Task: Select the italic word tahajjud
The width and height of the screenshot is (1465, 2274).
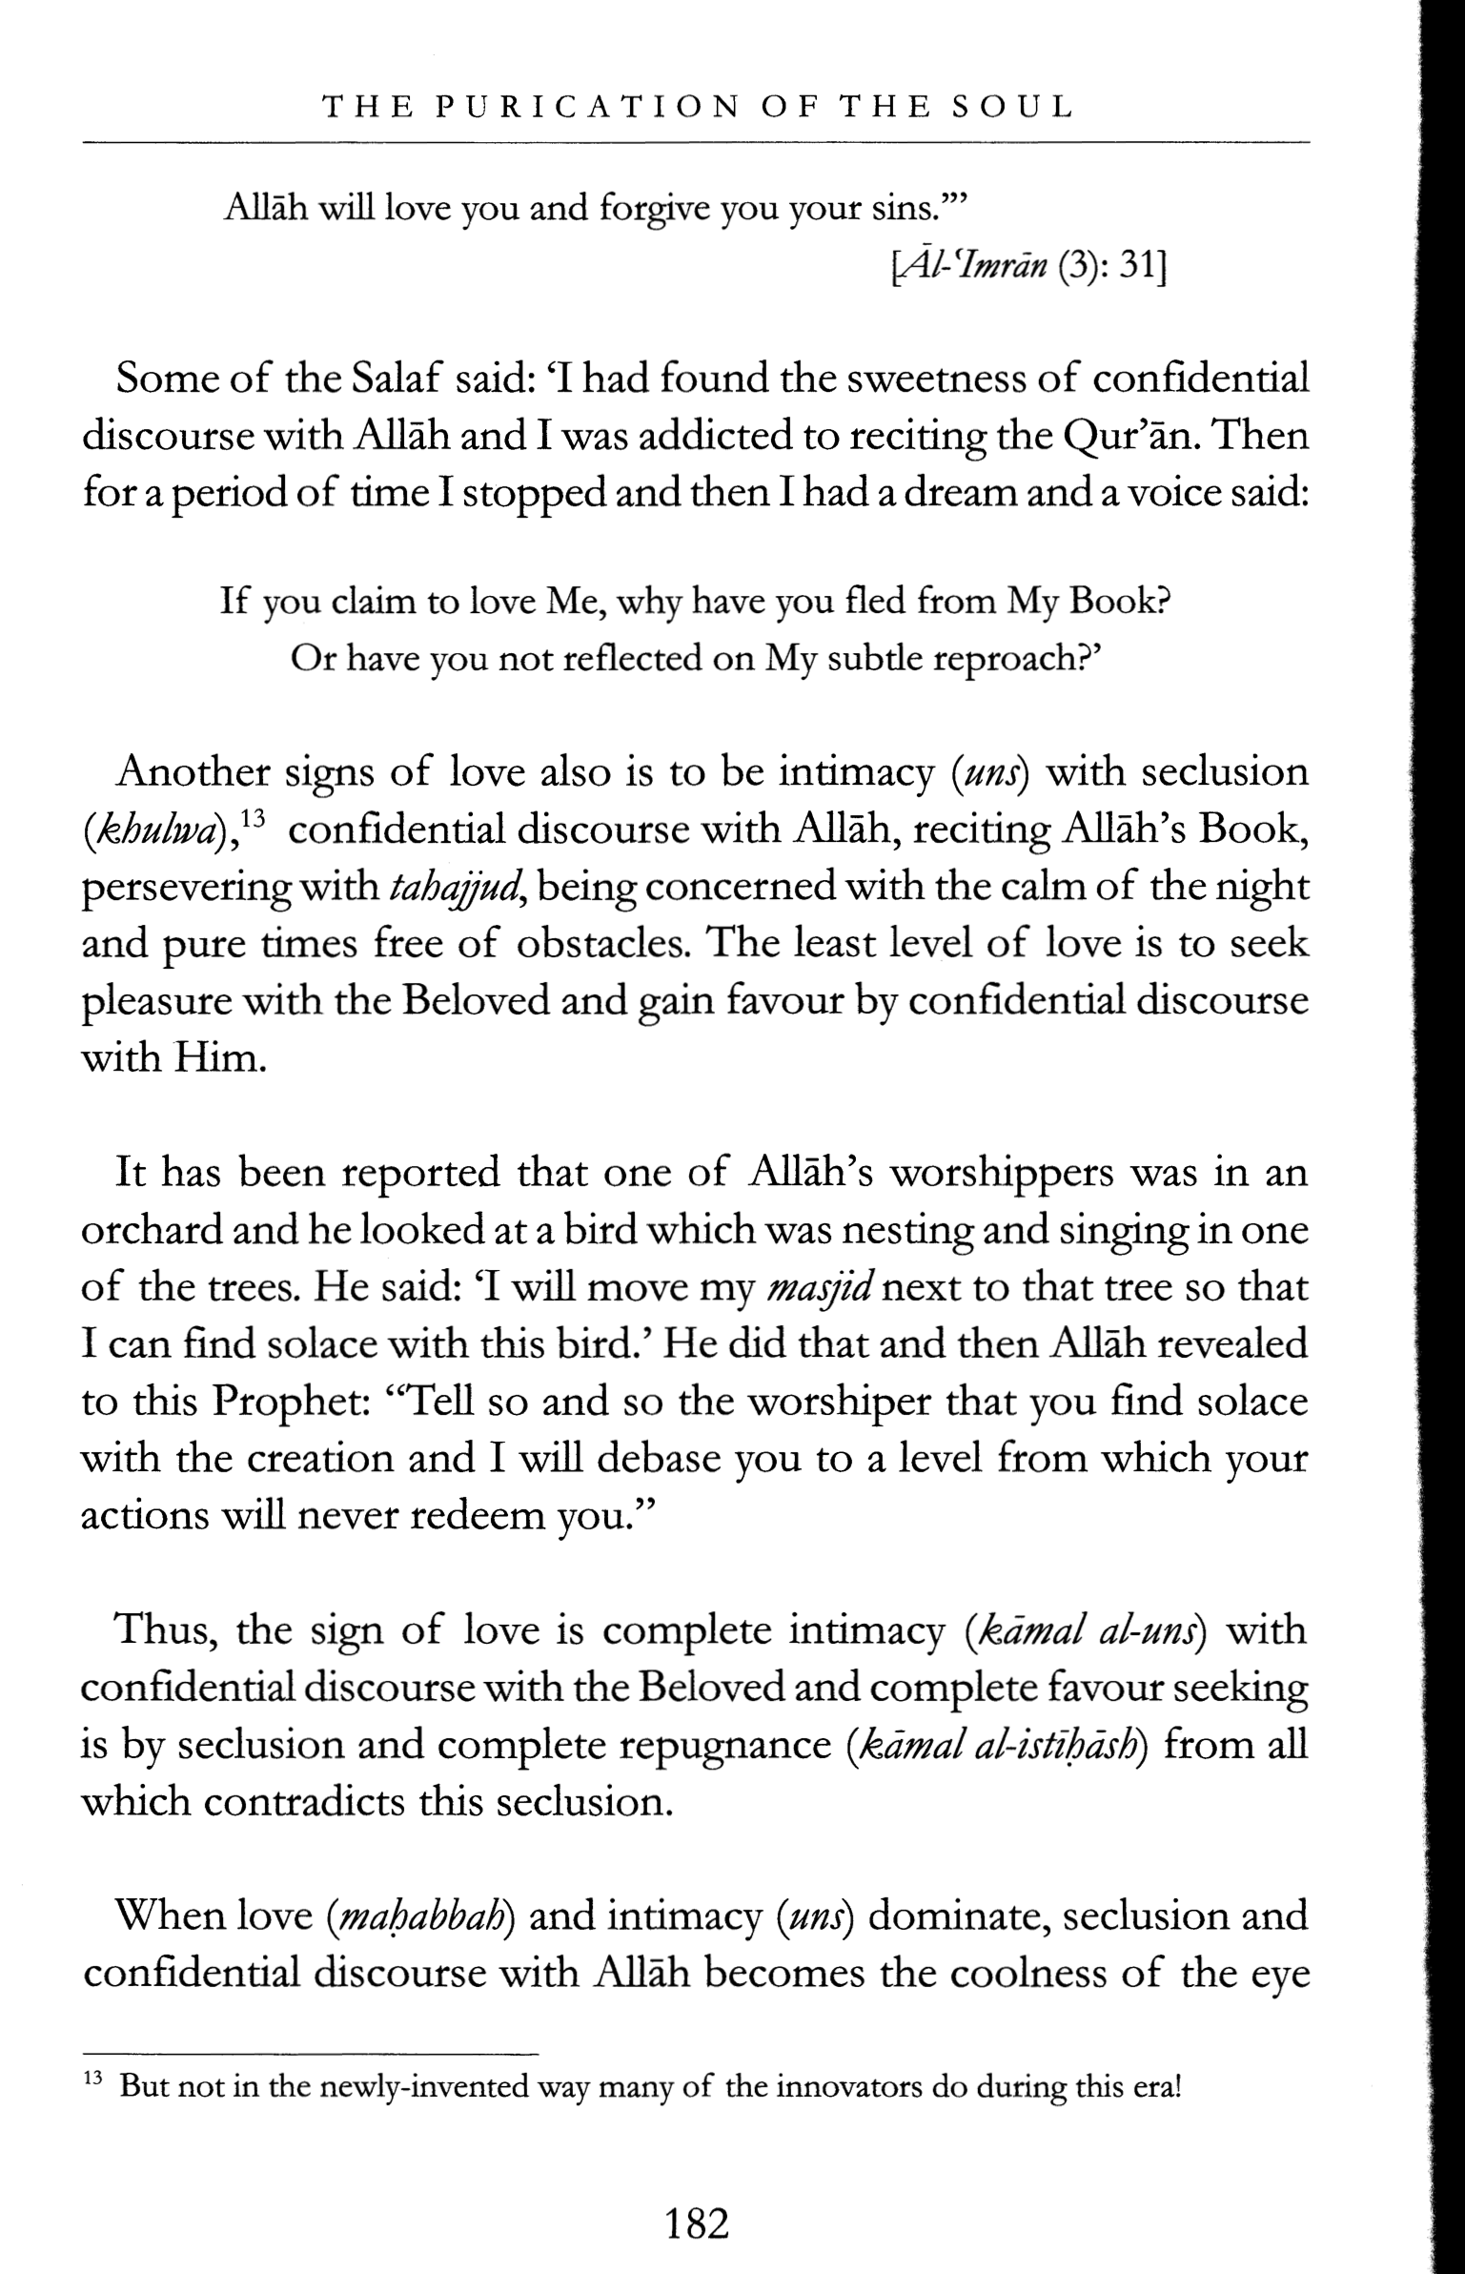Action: click(x=454, y=889)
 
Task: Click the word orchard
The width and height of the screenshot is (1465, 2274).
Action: click(x=151, y=1231)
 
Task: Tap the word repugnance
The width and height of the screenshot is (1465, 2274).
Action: click(x=725, y=1746)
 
